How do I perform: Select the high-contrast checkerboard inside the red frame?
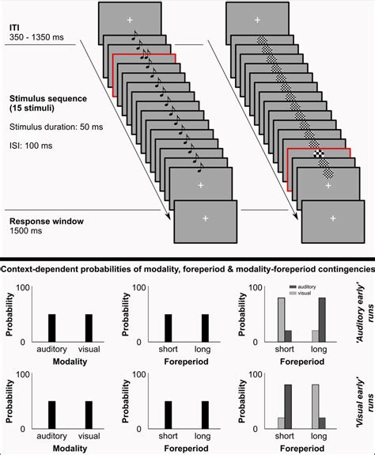(319, 154)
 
